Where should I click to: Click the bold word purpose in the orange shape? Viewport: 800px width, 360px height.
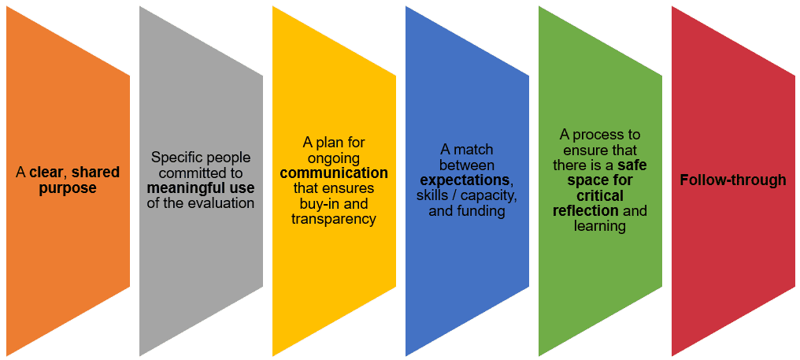(x=68, y=188)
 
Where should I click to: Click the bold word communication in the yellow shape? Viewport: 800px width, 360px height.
(x=334, y=173)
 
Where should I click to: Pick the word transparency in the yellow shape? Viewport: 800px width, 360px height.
(x=334, y=218)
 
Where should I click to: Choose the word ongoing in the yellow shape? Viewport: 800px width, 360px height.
(x=334, y=158)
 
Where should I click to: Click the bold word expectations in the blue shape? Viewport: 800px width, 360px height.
(x=465, y=180)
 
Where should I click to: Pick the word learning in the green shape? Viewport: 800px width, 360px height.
(x=600, y=226)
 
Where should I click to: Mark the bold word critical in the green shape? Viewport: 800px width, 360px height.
(x=600, y=195)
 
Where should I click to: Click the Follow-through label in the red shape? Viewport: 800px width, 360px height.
(x=732, y=180)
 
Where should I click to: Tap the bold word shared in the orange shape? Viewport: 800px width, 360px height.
(x=96, y=172)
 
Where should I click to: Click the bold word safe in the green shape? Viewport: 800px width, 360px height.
(x=631, y=165)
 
